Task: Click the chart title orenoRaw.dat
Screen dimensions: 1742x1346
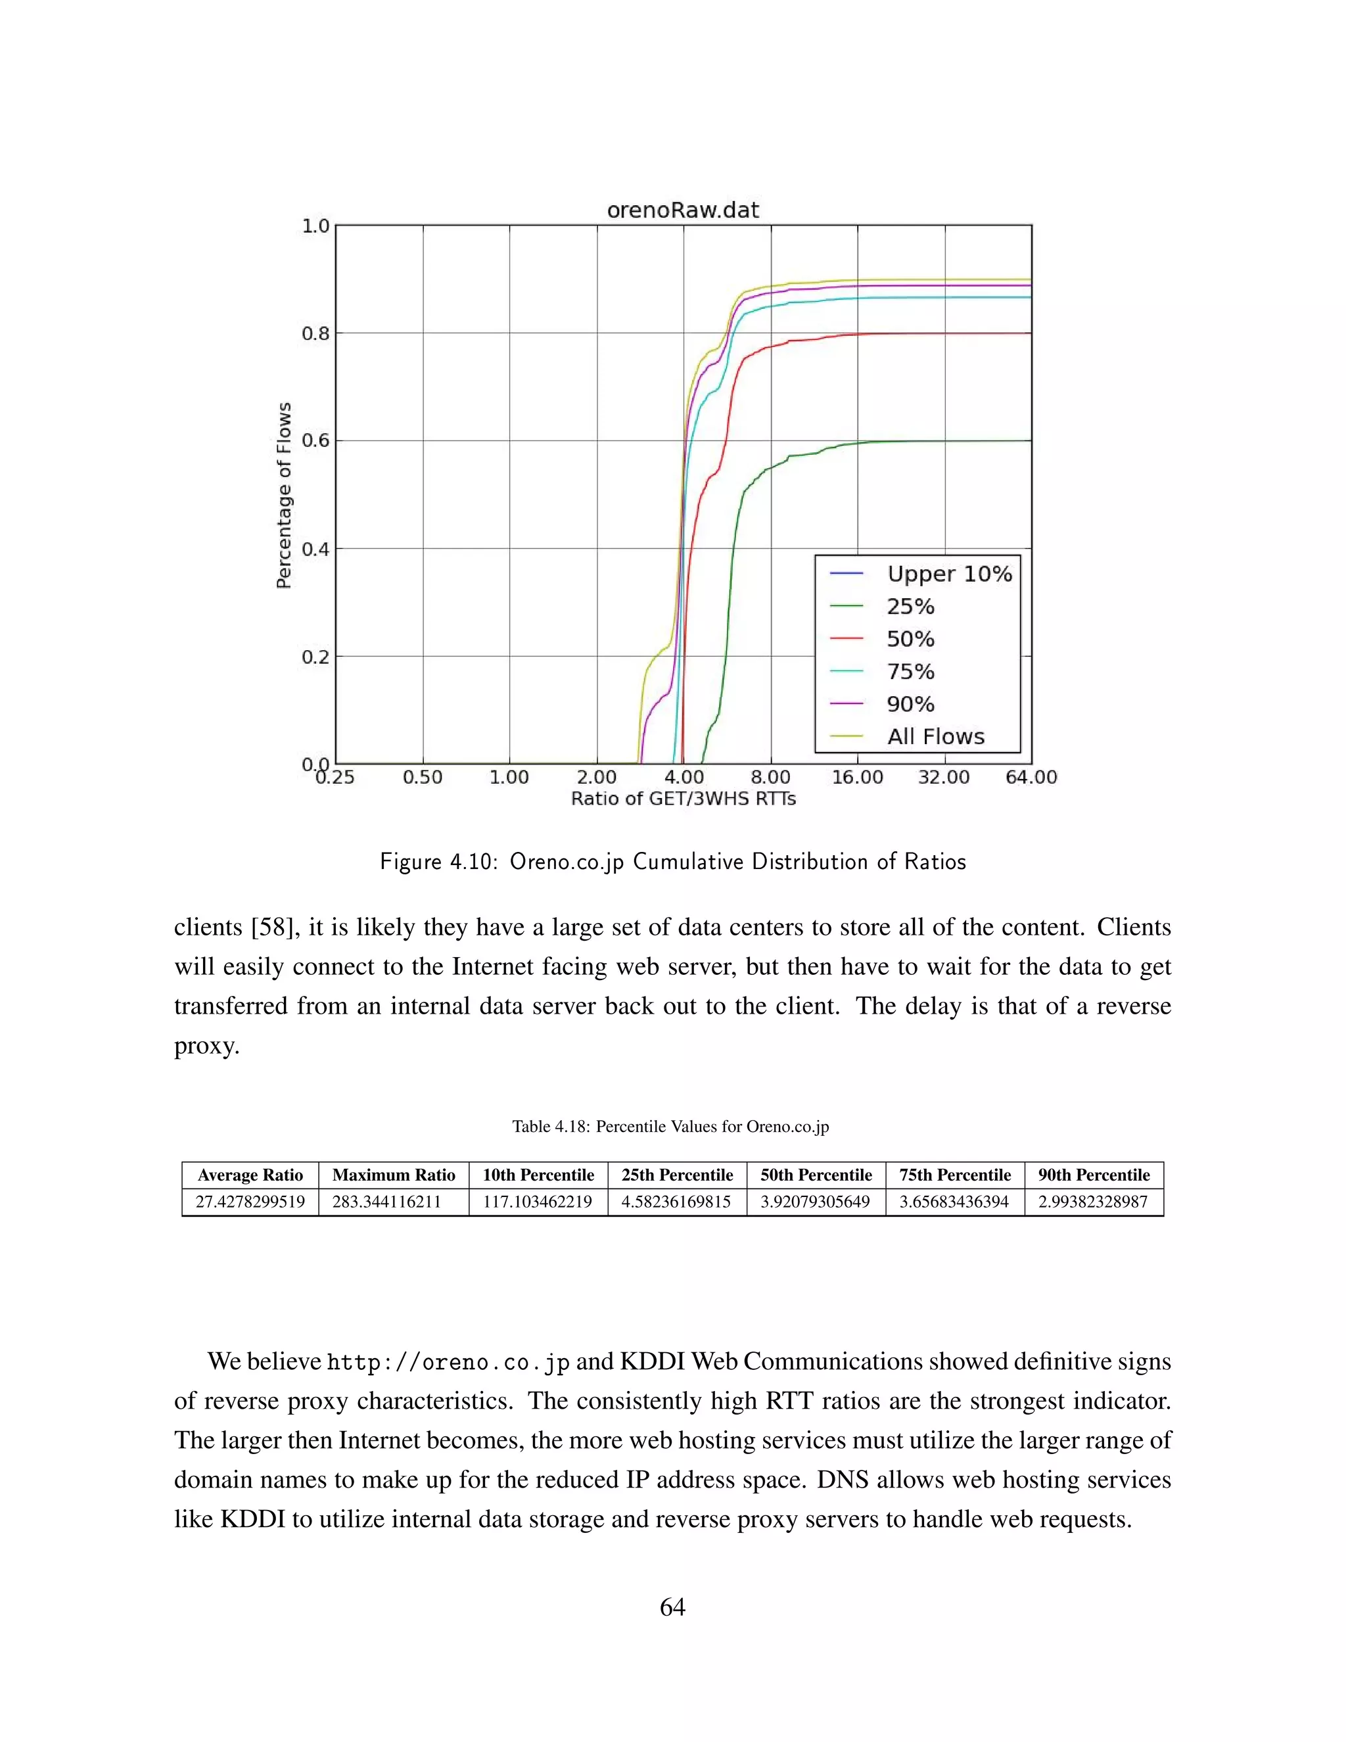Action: pos(683,210)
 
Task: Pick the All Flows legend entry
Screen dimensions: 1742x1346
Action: pos(935,736)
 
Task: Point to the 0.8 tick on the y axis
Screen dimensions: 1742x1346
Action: pos(315,333)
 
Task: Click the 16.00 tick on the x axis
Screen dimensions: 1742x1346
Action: pos(857,777)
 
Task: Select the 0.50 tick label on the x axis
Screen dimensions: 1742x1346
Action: pos(422,777)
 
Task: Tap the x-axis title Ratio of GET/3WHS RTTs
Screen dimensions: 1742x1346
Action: pos(683,799)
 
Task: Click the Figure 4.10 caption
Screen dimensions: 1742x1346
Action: pos(672,862)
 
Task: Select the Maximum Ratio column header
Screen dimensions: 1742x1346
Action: pos(393,1175)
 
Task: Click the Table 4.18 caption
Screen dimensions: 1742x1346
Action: pos(670,1126)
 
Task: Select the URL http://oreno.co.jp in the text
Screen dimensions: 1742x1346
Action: pos(448,1362)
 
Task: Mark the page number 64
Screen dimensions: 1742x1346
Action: pos(672,1607)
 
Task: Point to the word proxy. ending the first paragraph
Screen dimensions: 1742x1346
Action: pos(206,1046)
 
